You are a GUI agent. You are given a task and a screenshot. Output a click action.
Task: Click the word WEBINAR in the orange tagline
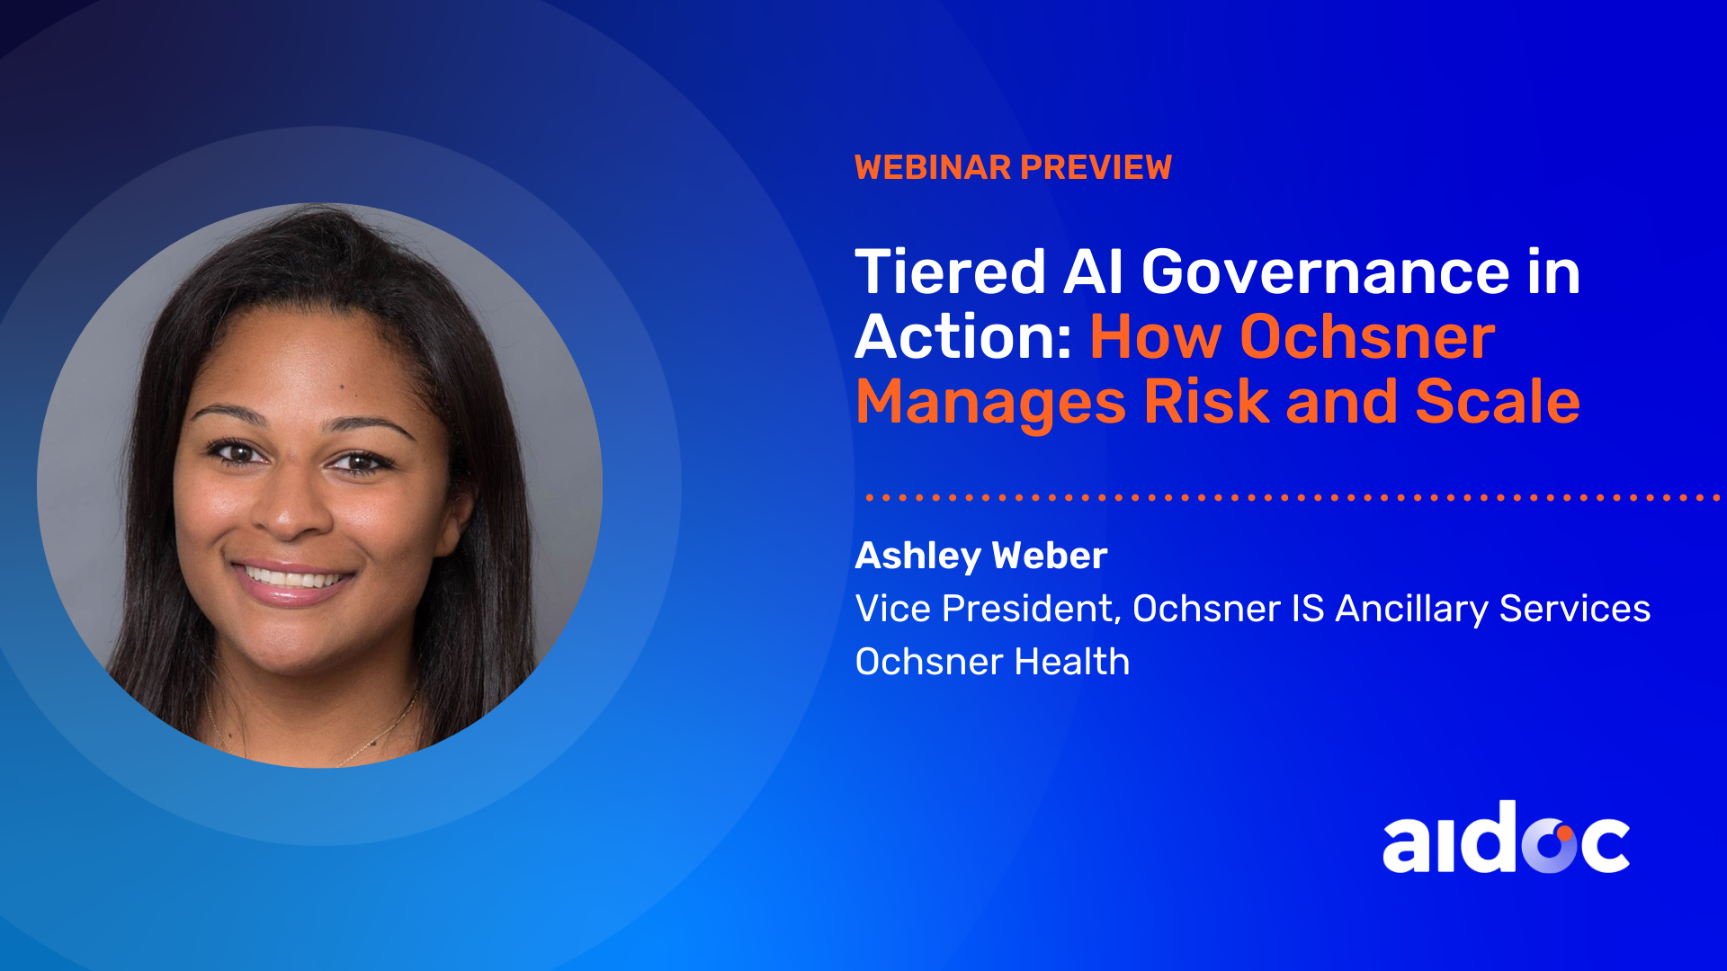933,167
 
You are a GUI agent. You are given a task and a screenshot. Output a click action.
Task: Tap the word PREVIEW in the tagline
1096,167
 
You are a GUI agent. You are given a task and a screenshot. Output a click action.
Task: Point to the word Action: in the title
963,336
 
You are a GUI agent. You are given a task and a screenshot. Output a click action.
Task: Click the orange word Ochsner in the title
1367,336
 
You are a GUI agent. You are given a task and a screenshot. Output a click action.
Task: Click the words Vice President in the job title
985,610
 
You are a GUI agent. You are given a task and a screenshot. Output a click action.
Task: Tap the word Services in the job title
1575,609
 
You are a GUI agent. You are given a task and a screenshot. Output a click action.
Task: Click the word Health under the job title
1072,662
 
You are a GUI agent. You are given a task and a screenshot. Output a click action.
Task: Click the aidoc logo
1506,837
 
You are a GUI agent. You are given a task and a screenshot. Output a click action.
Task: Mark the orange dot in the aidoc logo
1564,833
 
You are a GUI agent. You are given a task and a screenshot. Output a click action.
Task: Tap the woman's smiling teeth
291,575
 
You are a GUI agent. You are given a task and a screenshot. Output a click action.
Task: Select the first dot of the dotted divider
870,497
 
